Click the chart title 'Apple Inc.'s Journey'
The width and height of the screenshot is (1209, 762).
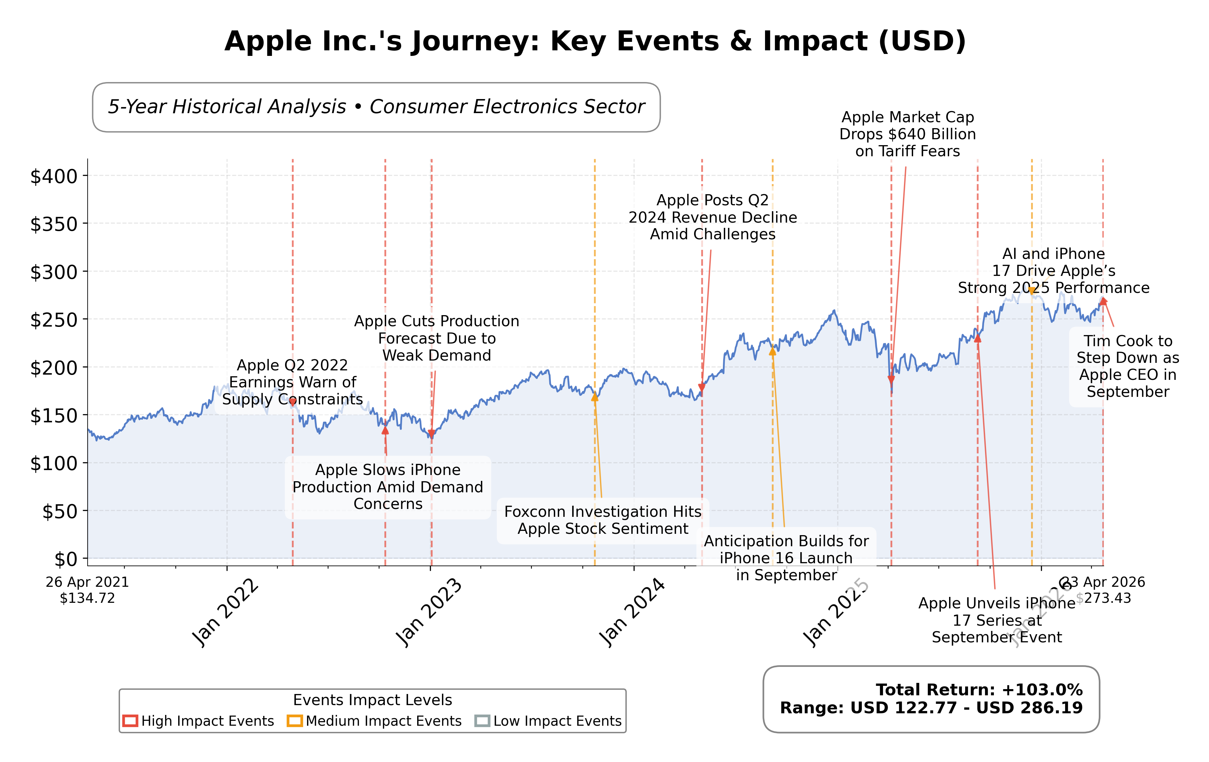pyautogui.click(x=595, y=41)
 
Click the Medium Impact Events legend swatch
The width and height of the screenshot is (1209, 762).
pyautogui.click(x=295, y=721)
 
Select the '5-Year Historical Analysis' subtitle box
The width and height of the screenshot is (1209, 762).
pyautogui.click(x=376, y=107)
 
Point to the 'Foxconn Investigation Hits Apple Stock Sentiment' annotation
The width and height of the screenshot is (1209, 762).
pyautogui.click(x=603, y=520)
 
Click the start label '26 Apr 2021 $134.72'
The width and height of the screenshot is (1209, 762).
pyautogui.click(x=87, y=590)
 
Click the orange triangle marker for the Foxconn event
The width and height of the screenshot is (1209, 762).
pyautogui.click(x=594, y=397)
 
